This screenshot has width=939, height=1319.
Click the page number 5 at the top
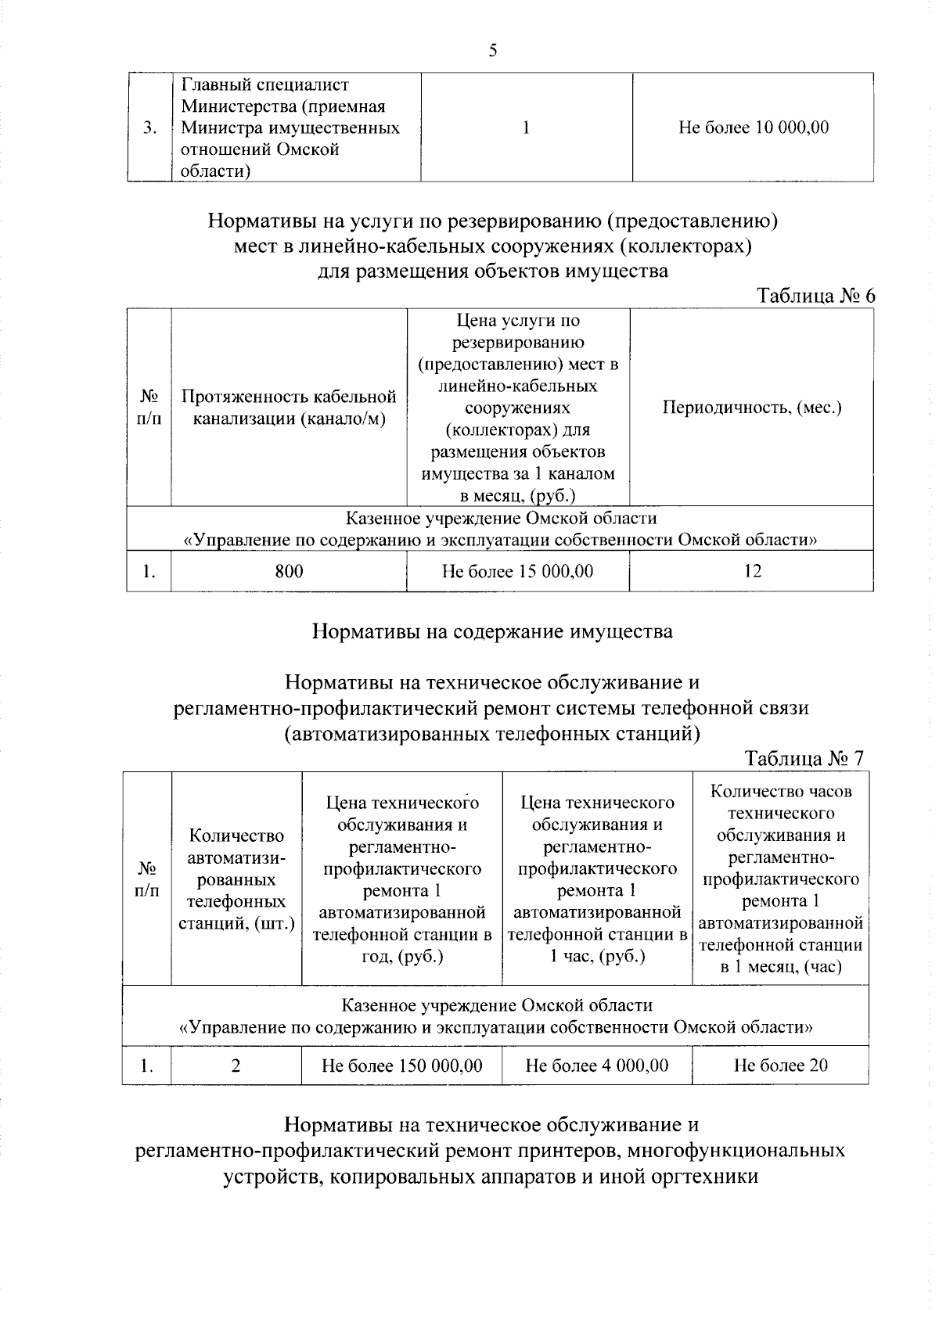tap(491, 52)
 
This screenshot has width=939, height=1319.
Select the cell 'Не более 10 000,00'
tap(753, 128)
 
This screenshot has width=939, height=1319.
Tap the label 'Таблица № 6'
tap(815, 297)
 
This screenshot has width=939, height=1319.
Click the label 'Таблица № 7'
tap(804, 759)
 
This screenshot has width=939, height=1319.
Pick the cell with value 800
tap(289, 572)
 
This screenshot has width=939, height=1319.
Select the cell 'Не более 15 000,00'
tap(517, 572)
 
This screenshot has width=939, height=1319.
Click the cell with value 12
tap(752, 571)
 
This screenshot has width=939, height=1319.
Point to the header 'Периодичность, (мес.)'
tap(751, 408)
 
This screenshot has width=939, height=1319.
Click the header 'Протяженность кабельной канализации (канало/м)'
tap(289, 408)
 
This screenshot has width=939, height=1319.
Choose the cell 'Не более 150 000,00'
tap(401, 1066)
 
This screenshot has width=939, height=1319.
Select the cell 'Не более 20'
tap(780, 1066)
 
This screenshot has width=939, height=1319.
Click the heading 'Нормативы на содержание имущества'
tap(492, 631)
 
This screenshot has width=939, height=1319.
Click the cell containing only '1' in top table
tap(527, 128)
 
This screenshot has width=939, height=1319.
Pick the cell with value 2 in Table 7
tap(236, 1066)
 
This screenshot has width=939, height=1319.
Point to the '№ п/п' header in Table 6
tap(149, 408)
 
